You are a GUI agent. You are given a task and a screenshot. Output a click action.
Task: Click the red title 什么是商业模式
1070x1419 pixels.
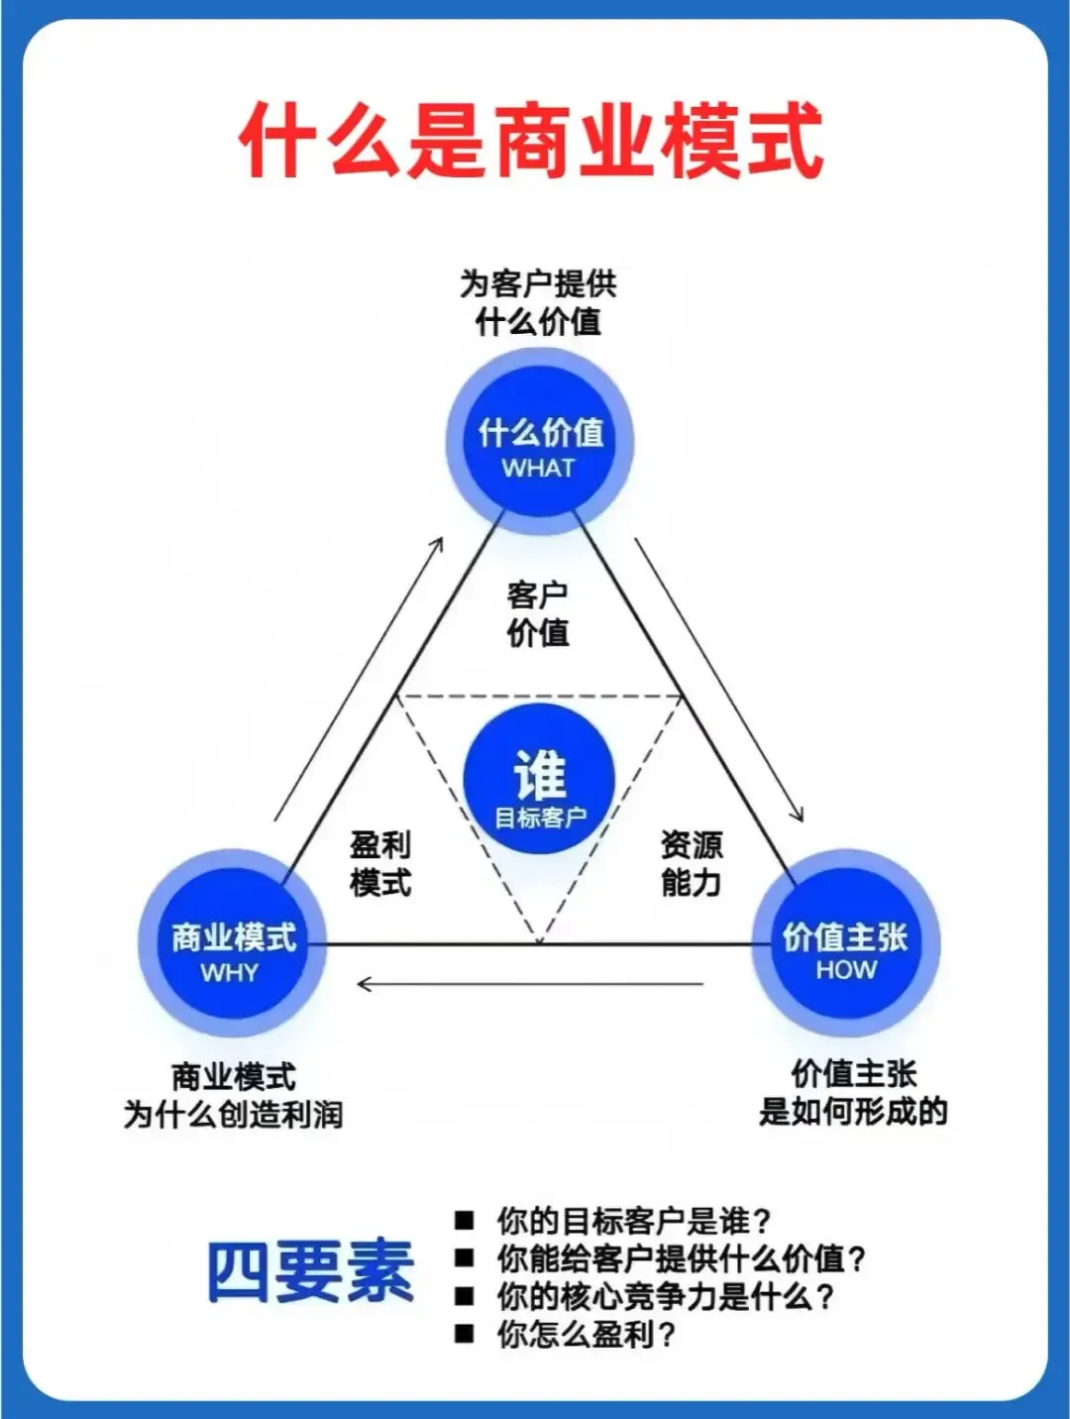click(532, 141)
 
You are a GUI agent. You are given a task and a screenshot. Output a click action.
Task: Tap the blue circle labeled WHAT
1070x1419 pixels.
click(540, 441)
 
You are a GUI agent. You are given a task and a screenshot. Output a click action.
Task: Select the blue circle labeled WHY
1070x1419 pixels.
click(232, 944)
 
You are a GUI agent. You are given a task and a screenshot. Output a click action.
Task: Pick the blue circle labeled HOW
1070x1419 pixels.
click(845, 943)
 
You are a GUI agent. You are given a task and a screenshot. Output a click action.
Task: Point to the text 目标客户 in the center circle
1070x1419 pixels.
click(540, 818)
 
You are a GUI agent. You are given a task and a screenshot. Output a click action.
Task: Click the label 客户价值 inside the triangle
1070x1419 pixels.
click(538, 613)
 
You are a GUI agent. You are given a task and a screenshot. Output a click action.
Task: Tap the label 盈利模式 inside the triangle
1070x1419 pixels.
click(380, 863)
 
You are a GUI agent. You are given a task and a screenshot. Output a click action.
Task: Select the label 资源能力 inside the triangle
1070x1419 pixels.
click(692, 863)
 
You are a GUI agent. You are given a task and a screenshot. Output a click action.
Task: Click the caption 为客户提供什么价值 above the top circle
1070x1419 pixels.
click(538, 302)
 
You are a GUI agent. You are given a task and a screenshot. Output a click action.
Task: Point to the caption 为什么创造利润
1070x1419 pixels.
click(233, 1114)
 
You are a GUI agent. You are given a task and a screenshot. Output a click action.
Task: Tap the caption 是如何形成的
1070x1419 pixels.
click(853, 1111)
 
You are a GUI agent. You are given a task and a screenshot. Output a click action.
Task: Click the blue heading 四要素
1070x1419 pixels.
click(310, 1271)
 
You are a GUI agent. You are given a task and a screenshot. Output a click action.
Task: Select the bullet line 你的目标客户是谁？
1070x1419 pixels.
click(633, 1220)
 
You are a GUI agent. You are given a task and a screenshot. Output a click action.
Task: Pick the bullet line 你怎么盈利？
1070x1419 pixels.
click(586, 1334)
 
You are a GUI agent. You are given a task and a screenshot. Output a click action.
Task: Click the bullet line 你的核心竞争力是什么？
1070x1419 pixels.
click(665, 1296)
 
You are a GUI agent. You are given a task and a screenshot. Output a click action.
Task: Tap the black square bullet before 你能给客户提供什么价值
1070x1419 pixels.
click(464, 1258)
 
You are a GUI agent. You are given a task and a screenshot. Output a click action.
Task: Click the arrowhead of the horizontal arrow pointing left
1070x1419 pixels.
click(363, 984)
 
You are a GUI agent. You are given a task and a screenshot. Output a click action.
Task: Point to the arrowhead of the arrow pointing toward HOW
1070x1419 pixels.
click(799, 816)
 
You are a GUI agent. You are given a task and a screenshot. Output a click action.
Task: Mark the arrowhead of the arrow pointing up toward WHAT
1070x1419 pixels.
click(438, 543)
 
